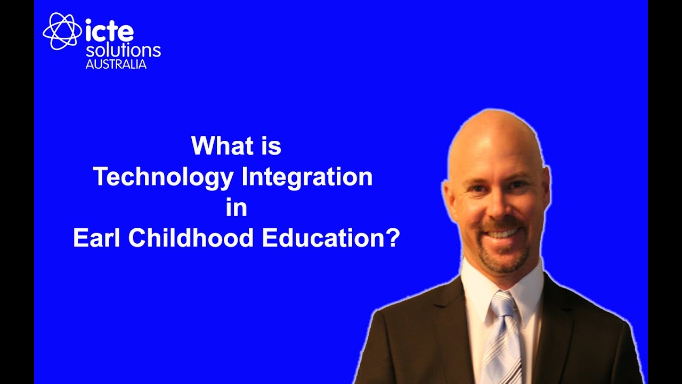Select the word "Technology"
click(164, 177)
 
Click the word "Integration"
click(307, 177)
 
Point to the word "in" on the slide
click(237, 207)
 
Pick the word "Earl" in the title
click(98, 238)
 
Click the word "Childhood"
click(191, 238)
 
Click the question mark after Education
click(393, 238)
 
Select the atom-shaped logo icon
click(62, 31)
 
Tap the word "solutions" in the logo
click(123, 51)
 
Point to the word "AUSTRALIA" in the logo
click(116, 65)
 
